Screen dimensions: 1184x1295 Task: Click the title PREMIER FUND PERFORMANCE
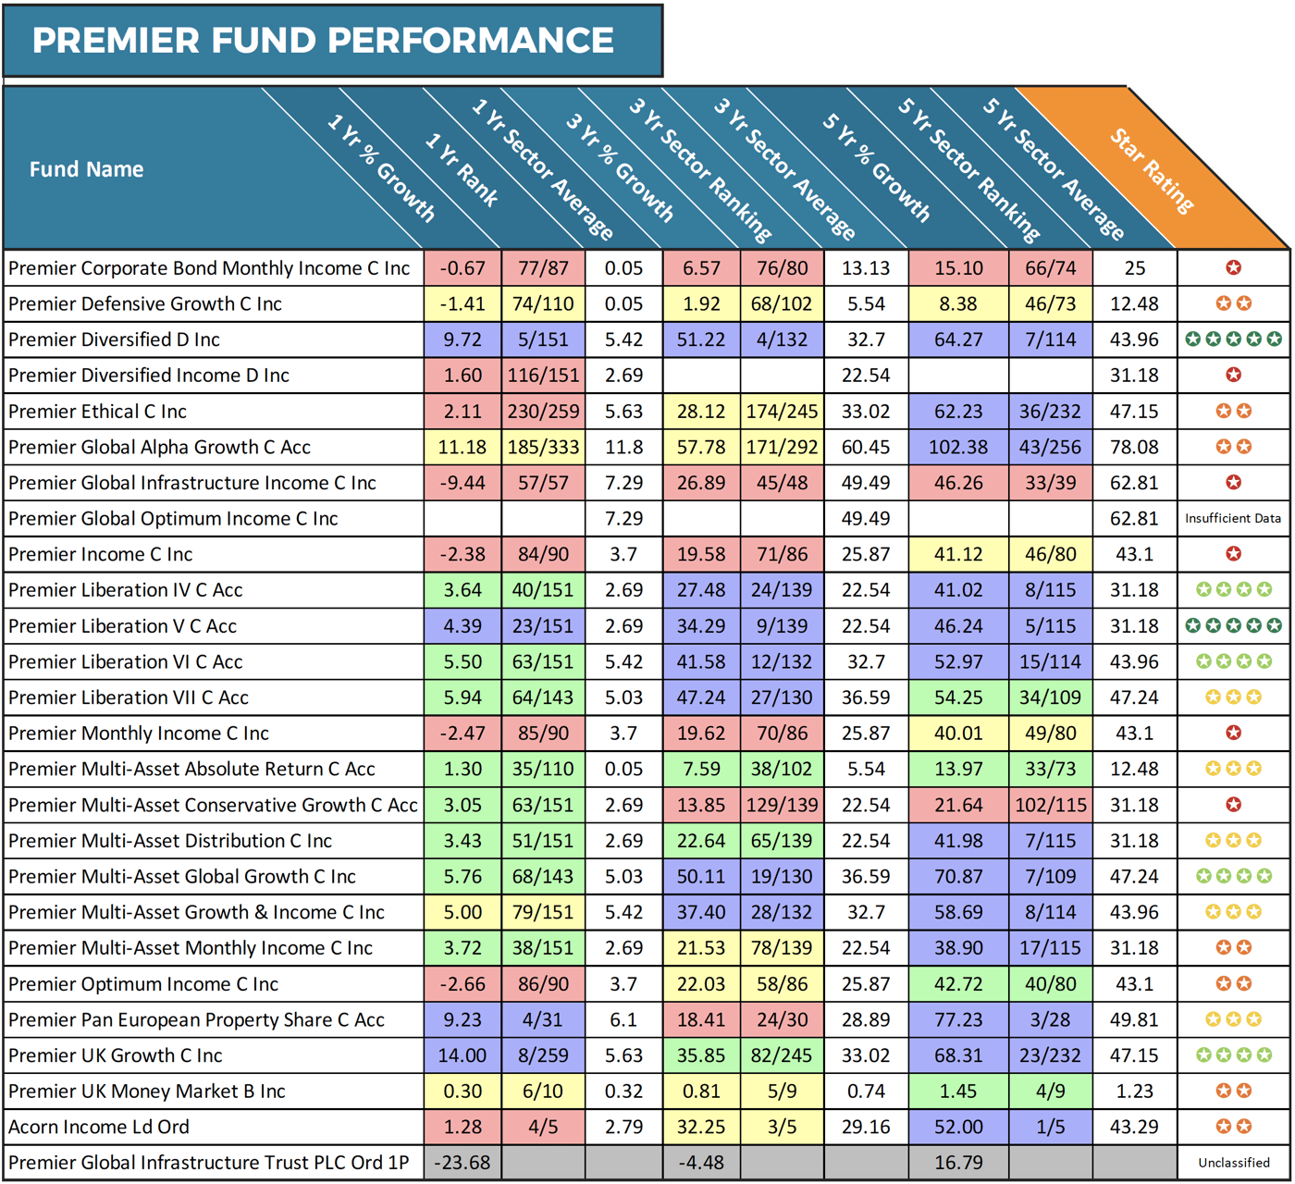pos(323,41)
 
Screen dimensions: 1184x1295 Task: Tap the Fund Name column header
pos(86,169)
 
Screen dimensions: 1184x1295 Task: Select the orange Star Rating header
pos(1152,170)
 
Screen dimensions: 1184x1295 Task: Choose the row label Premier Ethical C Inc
pos(97,412)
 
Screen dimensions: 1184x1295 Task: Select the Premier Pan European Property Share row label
pos(196,1020)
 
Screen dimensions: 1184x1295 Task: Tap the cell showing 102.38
pos(958,448)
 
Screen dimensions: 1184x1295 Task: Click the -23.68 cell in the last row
pos(462,1163)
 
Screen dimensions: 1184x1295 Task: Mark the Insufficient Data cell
pos(1233,519)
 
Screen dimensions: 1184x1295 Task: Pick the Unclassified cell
pos(1233,1163)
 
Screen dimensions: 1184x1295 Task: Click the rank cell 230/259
pos(543,412)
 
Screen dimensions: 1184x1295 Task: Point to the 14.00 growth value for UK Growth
pos(462,1055)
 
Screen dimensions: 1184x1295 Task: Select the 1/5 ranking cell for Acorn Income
pos(1050,1128)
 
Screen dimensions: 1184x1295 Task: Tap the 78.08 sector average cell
pos(1134,448)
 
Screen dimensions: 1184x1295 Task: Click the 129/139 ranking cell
pos(782,805)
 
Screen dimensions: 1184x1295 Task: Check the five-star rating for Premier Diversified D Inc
pos(1233,339)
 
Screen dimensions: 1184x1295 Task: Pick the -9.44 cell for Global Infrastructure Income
pos(462,483)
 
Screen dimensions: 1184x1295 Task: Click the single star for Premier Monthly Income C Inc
pos(1233,733)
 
